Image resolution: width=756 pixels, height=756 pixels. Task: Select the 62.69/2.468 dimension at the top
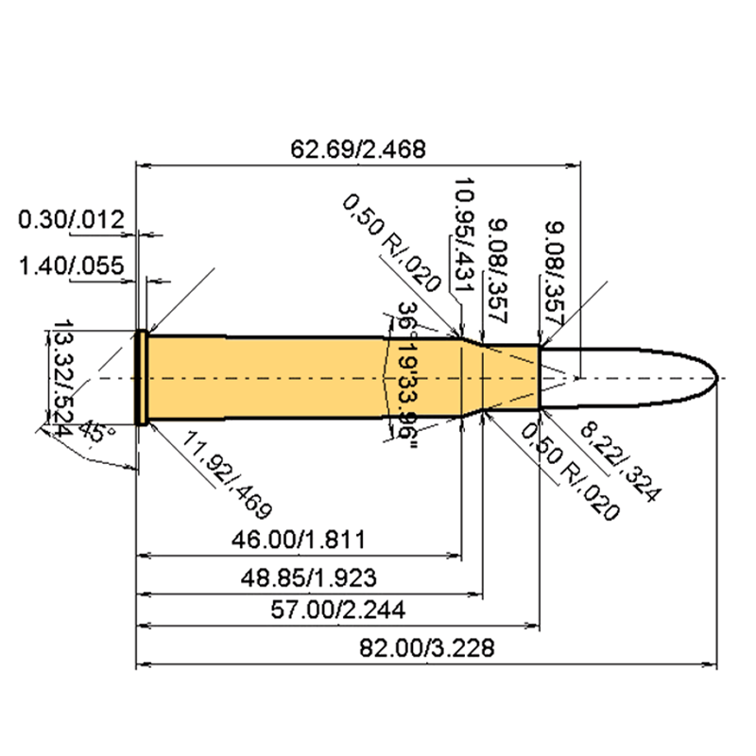click(x=359, y=148)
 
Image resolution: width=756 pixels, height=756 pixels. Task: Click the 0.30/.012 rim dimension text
click(x=71, y=221)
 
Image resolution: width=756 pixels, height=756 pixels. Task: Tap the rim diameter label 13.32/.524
click(x=61, y=376)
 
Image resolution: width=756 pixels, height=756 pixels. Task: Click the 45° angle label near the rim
click(x=92, y=436)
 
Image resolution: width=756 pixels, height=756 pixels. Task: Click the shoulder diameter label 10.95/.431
click(x=462, y=226)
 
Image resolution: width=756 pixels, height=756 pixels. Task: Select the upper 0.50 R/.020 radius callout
click(x=392, y=242)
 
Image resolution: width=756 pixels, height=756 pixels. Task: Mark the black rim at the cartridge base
click(x=142, y=377)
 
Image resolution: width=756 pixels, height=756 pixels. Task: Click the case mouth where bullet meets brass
click(x=540, y=377)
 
